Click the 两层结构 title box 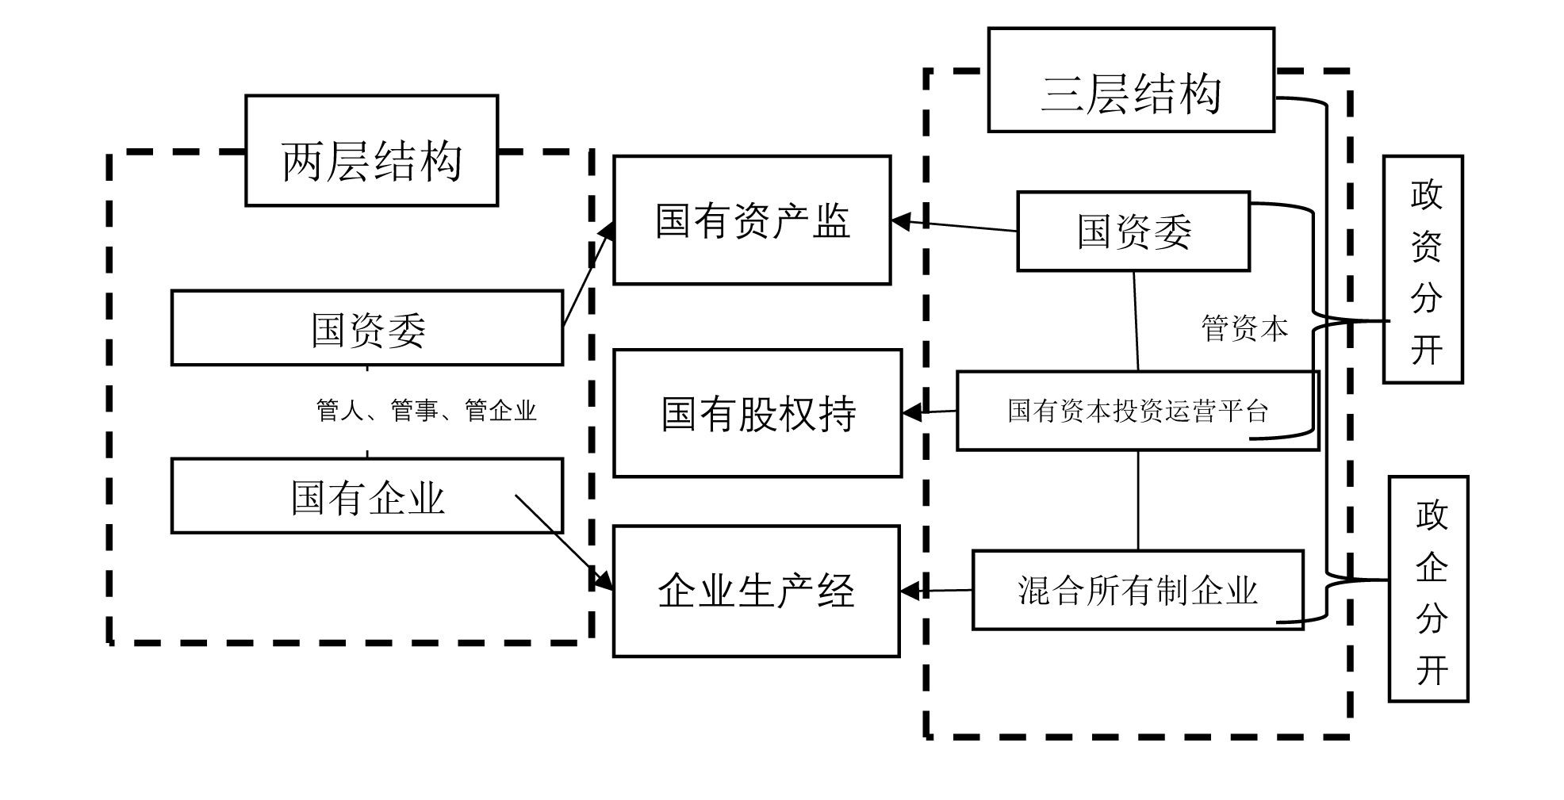[x=371, y=151]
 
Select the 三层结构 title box [x=1130, y=80]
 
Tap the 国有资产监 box [x=752, y=220]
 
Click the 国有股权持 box [x=757, y=413]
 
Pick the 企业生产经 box [x=756, y=591]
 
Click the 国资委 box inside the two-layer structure [x=367, y=328]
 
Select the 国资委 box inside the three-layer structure [x=1133, y=232]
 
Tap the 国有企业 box [x=367, y=496]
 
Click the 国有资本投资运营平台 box [x=1137, y=411]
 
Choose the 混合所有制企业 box [x=1137, y=591]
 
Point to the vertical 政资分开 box [x=1423, y=270]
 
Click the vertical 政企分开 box [x=1428, y=589]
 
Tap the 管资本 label [x=1244, y=328]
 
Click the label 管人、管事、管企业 [x=426, y=411]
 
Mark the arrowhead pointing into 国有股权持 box [x=912, y=412]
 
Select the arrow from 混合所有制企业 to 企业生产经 [x=940, y=591]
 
